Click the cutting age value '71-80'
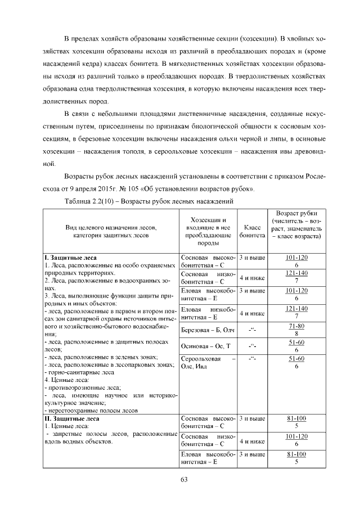click(296, 326)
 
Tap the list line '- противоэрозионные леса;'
click(83, 388)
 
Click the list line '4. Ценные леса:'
click(66, 380)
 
